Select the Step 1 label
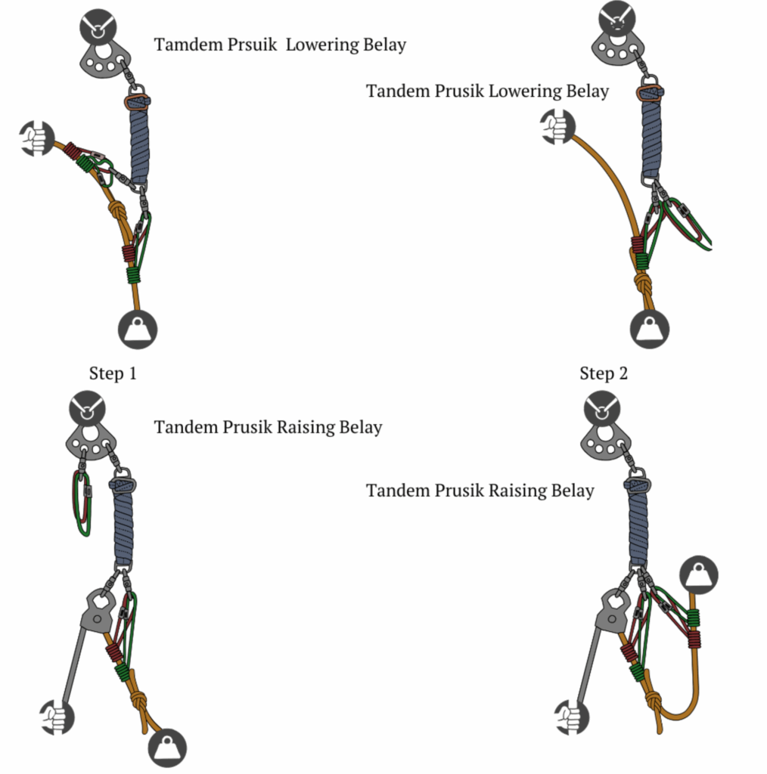pyautogui.click(x=113, y=373)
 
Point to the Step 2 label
pyautogui.click(x=604, y=373)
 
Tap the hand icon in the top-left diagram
pyautogui.click(x=36, y=139)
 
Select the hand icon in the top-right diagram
pyautogui.click(x=558, y=126)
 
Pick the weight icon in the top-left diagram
pyautogui.click(x=138, y=329)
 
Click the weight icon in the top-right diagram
pyautogui.click(x=651, y=330)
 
